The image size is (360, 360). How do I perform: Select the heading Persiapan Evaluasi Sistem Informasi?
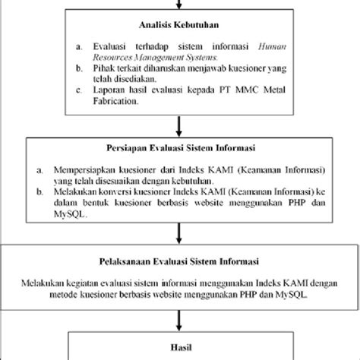(x=179, y=149)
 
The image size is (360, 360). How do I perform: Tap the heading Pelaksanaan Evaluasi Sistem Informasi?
(x=179, y=266)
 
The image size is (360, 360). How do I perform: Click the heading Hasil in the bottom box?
(x=179, y=343)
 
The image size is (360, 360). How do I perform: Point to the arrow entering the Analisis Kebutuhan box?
(x=180, y=6)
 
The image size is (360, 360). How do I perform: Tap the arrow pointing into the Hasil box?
(x=180, y=317)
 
